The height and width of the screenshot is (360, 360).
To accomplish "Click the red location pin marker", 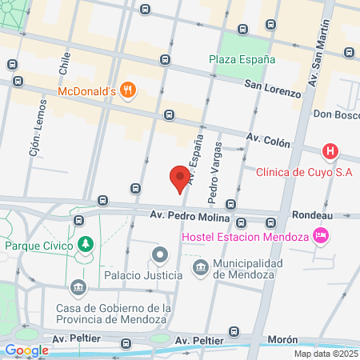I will [181, 178].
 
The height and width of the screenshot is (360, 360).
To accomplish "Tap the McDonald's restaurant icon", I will [127, 90].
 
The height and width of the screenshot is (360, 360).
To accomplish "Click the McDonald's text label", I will [88, 91].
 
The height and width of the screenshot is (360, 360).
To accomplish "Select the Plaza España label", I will [242, 59].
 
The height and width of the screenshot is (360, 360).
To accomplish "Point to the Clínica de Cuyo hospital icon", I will [329, 151].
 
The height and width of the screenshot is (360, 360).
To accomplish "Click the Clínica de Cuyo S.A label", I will [304, 170].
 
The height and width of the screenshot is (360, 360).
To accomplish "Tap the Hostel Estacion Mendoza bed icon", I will [321, 235].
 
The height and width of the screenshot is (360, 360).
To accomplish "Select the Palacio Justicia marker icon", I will [159, 255].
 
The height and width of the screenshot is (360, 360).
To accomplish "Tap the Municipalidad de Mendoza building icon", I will [201, 265].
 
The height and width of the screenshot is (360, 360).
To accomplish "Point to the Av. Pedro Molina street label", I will [190, 217].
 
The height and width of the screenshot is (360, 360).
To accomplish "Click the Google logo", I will [26, 350].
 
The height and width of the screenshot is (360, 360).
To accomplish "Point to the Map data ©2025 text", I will [325, 354].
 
